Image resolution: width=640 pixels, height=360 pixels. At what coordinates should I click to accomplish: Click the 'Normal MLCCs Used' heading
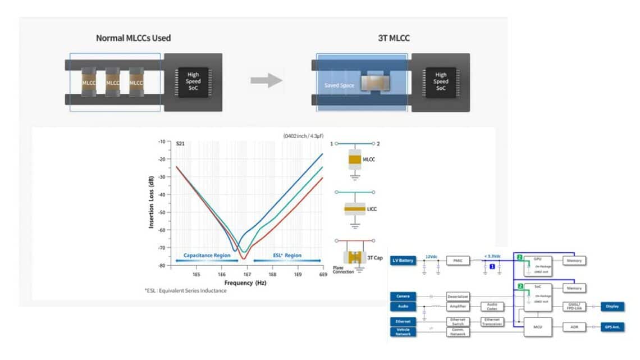pyautogui.click(x=133, y=38)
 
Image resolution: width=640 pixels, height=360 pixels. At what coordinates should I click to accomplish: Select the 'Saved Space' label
pyautogui.click(x=339, y=86)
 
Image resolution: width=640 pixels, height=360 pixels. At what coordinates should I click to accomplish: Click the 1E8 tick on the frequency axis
pyautogui.click(x=272, y=275)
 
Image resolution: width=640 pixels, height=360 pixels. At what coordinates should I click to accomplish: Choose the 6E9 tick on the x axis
pyautogui.click(x=322, y=275)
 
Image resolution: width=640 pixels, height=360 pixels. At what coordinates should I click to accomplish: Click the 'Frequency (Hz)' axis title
pyautogui.click(x=245, y=284)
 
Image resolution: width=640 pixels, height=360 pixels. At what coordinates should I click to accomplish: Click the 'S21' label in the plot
pyautogui.click(x=180, y=144)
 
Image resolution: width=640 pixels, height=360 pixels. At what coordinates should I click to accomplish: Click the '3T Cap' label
pyautogui.click(x=375, y=258)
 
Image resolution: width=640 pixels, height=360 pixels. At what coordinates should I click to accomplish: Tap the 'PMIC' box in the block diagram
pyautogui.click(x=458, y=261)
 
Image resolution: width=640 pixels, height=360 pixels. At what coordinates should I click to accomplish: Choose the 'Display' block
pyautogui.click(x=612, y=307)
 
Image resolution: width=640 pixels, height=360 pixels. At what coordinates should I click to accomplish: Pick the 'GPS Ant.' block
pyautogui.click(x=612, y=327)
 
